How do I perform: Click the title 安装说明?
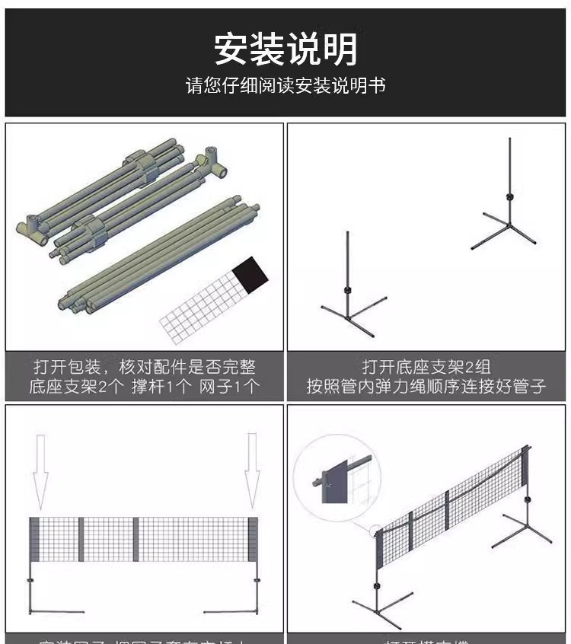pyautogui.click(x=285, y=49)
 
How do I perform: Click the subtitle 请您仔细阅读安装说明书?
pyautogui.click(x=285, y=85)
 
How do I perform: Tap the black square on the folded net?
pyautogui.click(x=252, y=273)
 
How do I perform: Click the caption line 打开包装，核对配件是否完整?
pyautogui.click(x=144, y=367)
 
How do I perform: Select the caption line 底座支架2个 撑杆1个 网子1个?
pyautogui.click(x=144, y=387)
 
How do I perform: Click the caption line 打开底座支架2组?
pyautogui.click(x=426, y=367)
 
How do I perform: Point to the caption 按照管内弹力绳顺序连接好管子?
pyautogui.click(x=426, y=387)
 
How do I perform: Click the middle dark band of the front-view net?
pyautogui.click(x=136, y=540)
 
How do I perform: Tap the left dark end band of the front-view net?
pyautogui.click(x=34, y=540)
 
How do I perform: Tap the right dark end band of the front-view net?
pyautogui.click(x=253, y=540)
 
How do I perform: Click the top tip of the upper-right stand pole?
pyautogui.click(x=509, y=140)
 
